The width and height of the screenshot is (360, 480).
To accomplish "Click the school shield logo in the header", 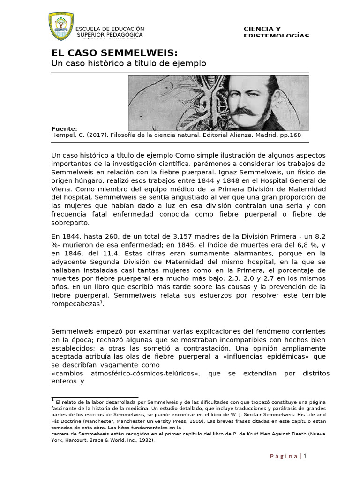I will [x=61, y=26].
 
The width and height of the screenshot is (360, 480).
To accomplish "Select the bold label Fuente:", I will [x=64, y=128].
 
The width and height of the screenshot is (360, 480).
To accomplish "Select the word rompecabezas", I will [x=75, y=304].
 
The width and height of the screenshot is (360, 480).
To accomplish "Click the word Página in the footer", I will [x=284, y=457].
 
